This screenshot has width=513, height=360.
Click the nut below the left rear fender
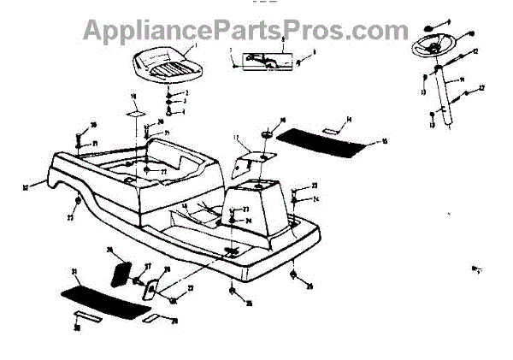coord(80,202)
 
